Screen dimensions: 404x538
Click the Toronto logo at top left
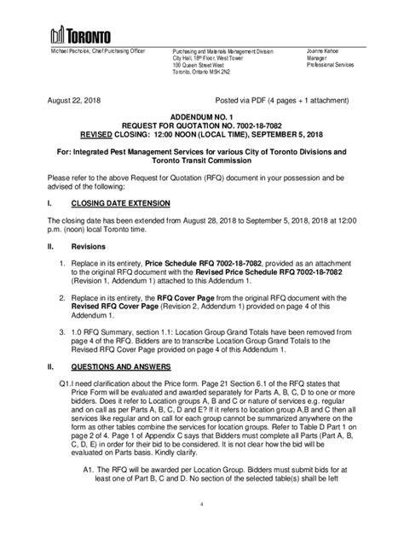80,34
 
